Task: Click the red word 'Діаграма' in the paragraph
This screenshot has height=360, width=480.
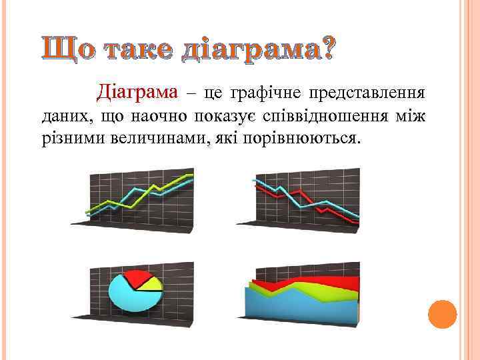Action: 138,91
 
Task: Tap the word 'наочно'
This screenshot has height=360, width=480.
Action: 158,118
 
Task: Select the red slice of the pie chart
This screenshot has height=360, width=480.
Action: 139,278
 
